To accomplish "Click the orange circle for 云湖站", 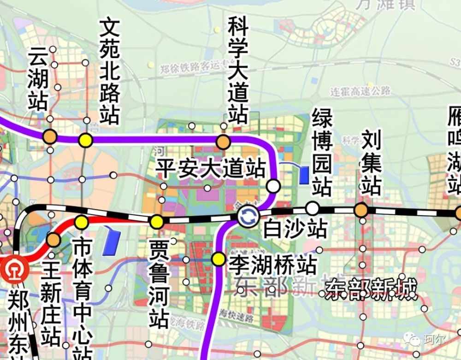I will (x=50, y=137).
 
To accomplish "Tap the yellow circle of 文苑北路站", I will (x=85, y=140).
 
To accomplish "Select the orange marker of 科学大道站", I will (x=224, y=142).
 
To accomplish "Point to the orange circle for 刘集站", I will (x=361, y=210).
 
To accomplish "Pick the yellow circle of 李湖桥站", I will (x=218, y=259).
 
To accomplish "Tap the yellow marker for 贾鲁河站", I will (x=157, y=222).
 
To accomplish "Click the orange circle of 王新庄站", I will (x=53, y=240).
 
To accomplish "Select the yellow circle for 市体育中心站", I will (x=82, y=223).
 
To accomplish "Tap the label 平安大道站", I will (x=211, y=169).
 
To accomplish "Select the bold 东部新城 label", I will (x=371, y=289).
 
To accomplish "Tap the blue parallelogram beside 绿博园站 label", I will (x=303, y=175).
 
